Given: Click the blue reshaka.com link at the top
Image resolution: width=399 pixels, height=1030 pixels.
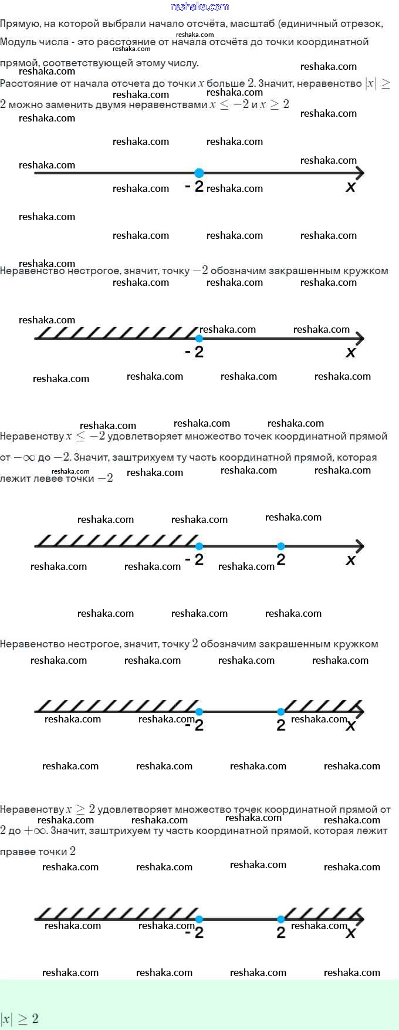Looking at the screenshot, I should (199, 6).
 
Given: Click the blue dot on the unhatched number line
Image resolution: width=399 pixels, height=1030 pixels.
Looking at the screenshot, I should (199, 173).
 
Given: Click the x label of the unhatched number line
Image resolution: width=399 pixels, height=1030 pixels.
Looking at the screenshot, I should (350, 187).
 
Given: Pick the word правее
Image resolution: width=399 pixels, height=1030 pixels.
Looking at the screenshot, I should (18, 852).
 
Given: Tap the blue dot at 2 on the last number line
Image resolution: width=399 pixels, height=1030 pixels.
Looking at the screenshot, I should (280, 919).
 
